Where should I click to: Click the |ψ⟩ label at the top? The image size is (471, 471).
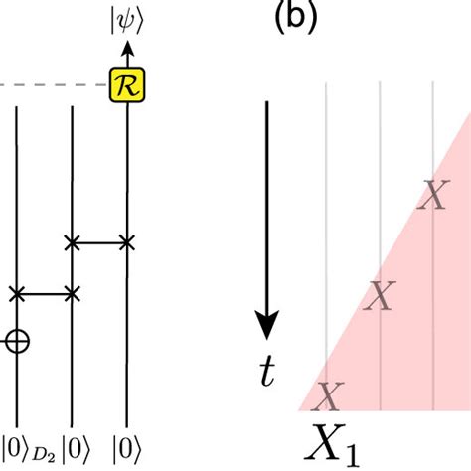(x=126, y=22)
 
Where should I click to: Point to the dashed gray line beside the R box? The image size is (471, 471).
(x=50, y=85)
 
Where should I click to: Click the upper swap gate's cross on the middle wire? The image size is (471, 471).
(x=72, y=240)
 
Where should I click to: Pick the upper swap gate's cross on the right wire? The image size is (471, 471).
(x=126, y=240)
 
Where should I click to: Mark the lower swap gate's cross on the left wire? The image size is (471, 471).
(x=16, y=293)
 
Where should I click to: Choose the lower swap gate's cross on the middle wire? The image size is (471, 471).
(x=72, y=293)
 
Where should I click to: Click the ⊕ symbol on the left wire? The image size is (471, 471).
(x=16, y=341)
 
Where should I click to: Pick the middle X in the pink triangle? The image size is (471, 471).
(x=379, y=295)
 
